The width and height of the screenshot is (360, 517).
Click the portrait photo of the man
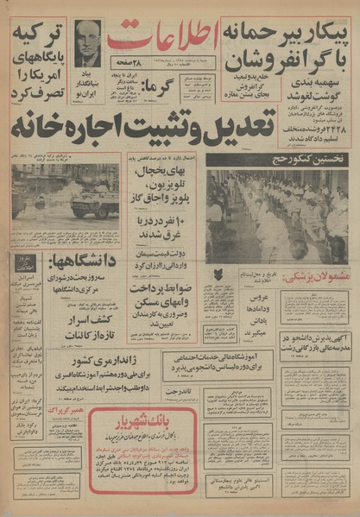click(87, 43)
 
